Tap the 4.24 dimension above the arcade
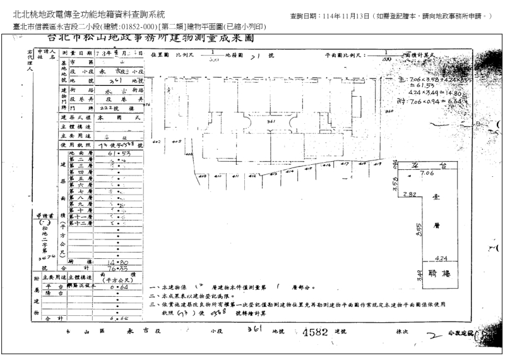tap(442, 258)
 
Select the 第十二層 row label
tap(80, 224)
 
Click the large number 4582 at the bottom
tap(316, 332)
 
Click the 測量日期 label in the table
tap(76, 53)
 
